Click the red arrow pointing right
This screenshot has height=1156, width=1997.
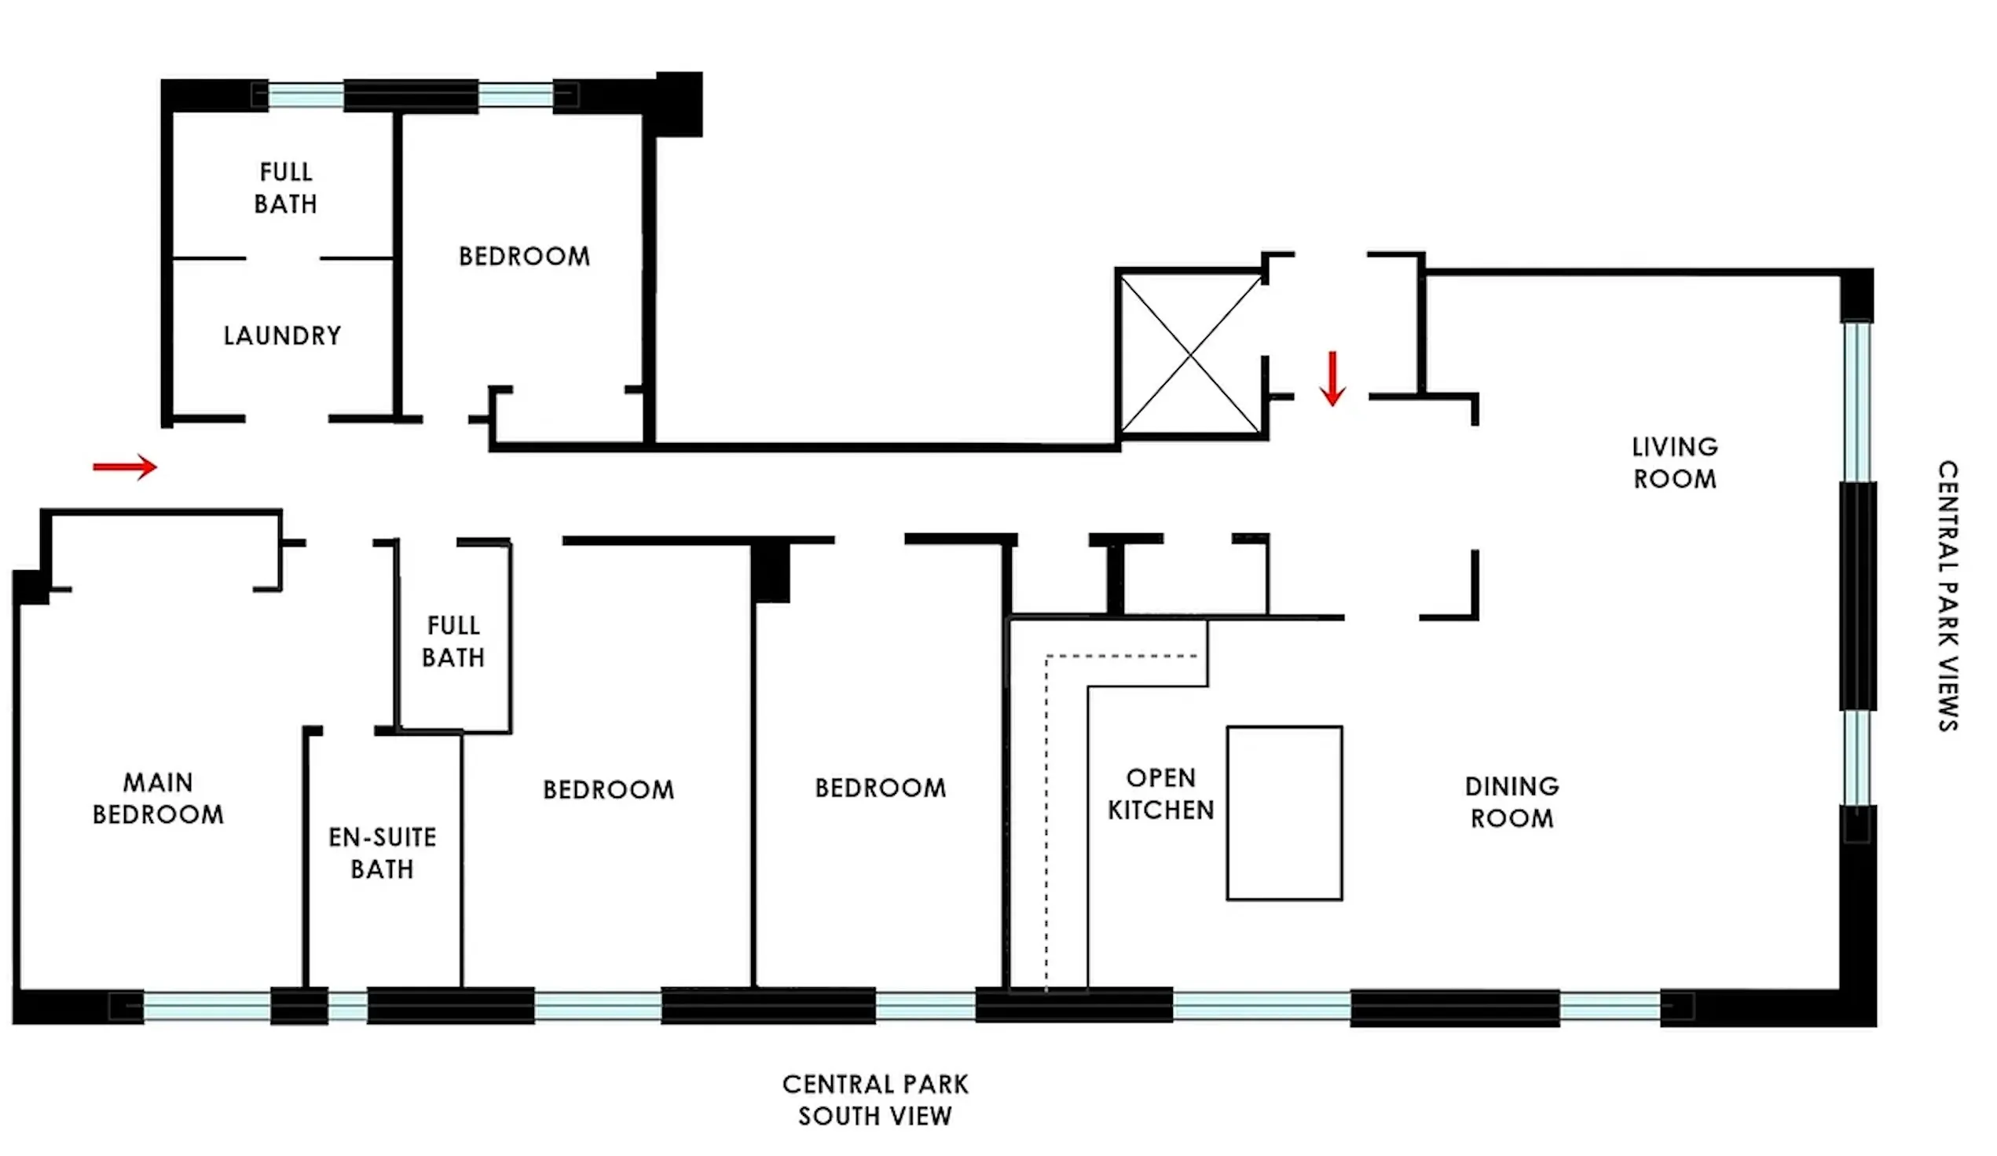coord(125,466)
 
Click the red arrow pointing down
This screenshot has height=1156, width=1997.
coord(1332,378)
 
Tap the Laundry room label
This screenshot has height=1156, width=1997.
coord(282,335)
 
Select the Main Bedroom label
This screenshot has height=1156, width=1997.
coord(158,798)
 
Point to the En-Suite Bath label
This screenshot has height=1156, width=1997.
coord(382,853)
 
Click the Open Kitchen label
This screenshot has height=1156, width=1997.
coord(1160,793)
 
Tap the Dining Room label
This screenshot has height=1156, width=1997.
coord(1511,802)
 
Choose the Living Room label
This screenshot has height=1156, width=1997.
coord(1674,463)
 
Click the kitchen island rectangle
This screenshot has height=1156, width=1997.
coord(1284,813)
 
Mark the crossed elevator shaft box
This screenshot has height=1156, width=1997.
coord(1189,353)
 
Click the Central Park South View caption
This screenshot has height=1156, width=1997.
coord(875,1099)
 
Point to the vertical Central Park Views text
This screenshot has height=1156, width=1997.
coord(1948,595)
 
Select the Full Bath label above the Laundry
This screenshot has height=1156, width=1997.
coord(285,188)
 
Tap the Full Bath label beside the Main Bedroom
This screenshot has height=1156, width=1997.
coord(453,641)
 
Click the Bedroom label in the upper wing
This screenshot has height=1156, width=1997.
coord(524,256)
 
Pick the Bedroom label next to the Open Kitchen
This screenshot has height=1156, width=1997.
coord(880,788)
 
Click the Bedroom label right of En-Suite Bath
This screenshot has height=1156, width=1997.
coord(608,789)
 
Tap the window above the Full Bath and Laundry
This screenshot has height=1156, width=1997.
coord(305,96)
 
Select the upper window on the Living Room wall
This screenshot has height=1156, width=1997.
coord(1856,400)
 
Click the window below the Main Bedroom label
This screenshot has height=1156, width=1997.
coord(207,1006)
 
